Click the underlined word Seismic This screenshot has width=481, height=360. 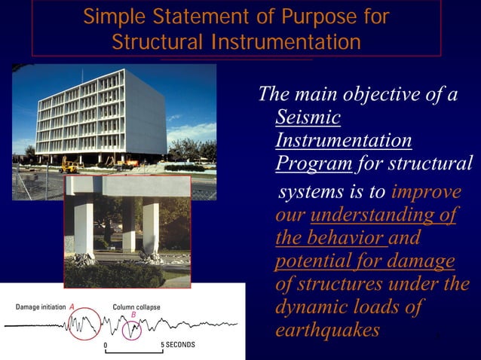[x=308, y=117]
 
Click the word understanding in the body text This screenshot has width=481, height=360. [x=384, y=215]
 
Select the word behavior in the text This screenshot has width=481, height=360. [x=348, y=239]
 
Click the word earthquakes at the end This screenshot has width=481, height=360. [x=327, y=331]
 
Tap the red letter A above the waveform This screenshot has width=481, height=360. [x=72, y=307]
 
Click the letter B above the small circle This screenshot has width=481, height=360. [x=133, y=315]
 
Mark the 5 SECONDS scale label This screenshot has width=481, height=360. [x=178, y=345]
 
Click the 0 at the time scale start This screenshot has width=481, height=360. [x=106, y=345]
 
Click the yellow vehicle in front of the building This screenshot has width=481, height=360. [x=69, y=163]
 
